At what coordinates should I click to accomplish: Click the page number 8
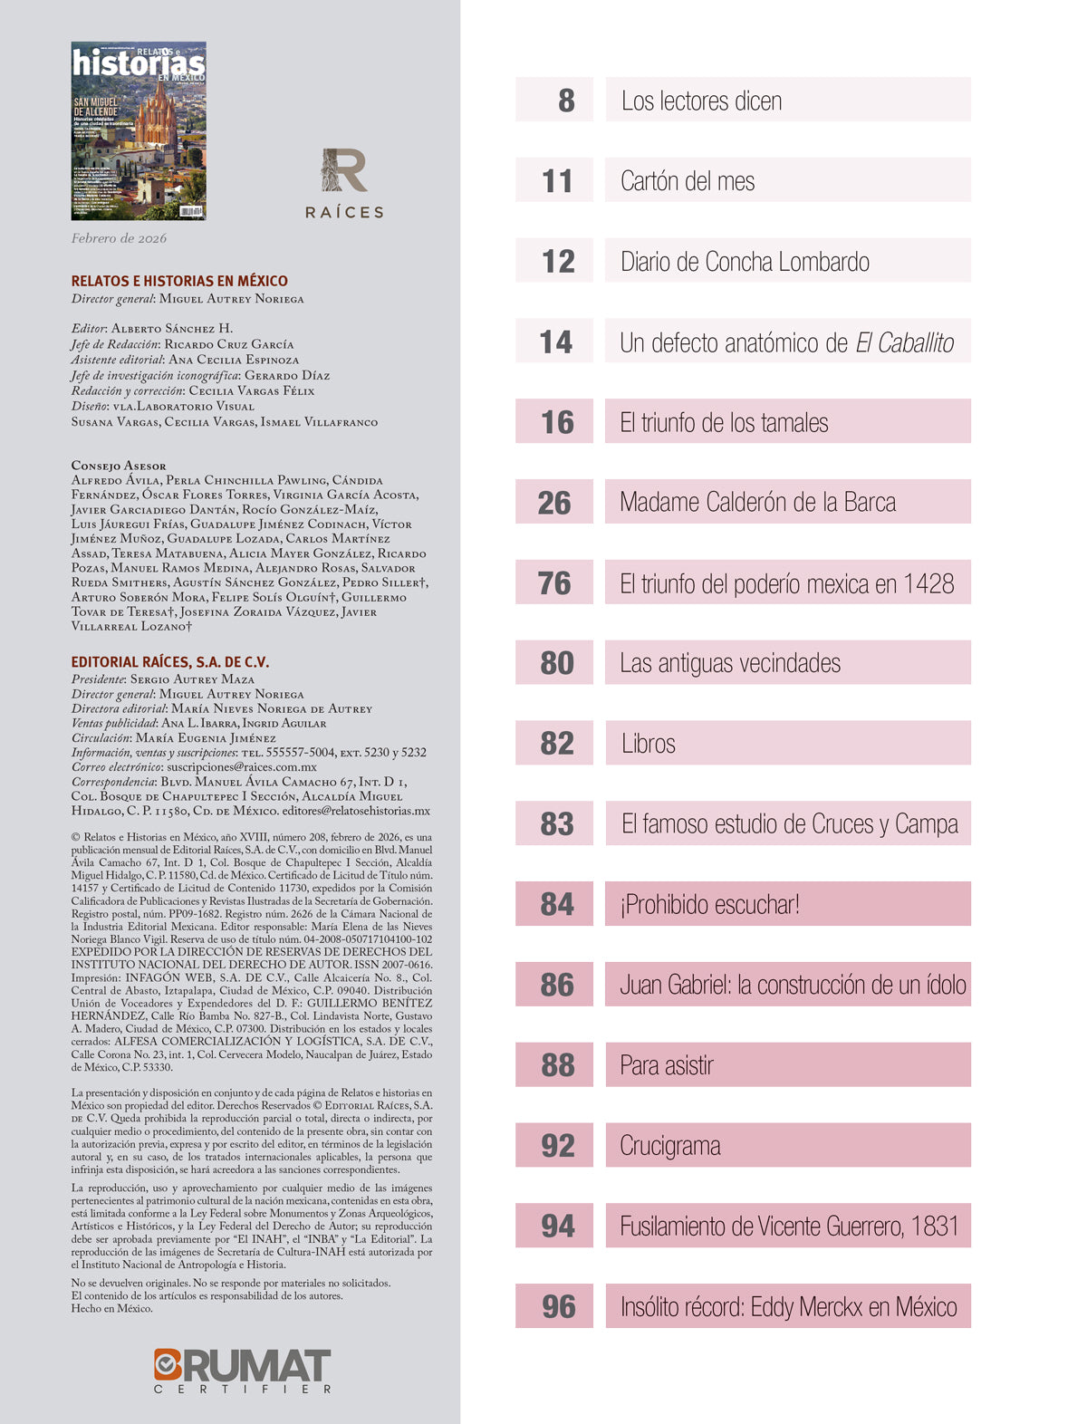(565, 100)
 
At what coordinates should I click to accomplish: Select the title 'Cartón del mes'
(688, 181)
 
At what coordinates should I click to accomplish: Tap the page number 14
(555, 342)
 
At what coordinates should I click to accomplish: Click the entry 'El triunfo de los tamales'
(724, 422)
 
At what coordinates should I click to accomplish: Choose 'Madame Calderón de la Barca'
(757, 502)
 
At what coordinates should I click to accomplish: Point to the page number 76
(554, 582)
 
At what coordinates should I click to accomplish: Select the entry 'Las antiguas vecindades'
(730, 663)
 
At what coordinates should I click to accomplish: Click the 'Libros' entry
(649, 744)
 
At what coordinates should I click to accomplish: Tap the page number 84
(556, 904)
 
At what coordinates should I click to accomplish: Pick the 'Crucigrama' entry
(670, 1146)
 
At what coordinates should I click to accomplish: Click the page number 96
(558, 1306)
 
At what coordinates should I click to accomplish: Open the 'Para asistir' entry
(667, 1065)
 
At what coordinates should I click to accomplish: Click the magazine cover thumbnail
(139, 130)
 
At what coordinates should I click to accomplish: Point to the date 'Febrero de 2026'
(119, 238)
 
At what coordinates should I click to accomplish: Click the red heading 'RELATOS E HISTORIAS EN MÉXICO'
(179, 281)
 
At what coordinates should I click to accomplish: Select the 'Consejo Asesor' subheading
(119, 466)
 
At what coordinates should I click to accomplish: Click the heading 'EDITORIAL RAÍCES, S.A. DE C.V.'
(170, 662)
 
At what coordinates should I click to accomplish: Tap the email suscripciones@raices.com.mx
(242, 766)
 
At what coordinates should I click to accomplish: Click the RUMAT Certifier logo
(242, 1370)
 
